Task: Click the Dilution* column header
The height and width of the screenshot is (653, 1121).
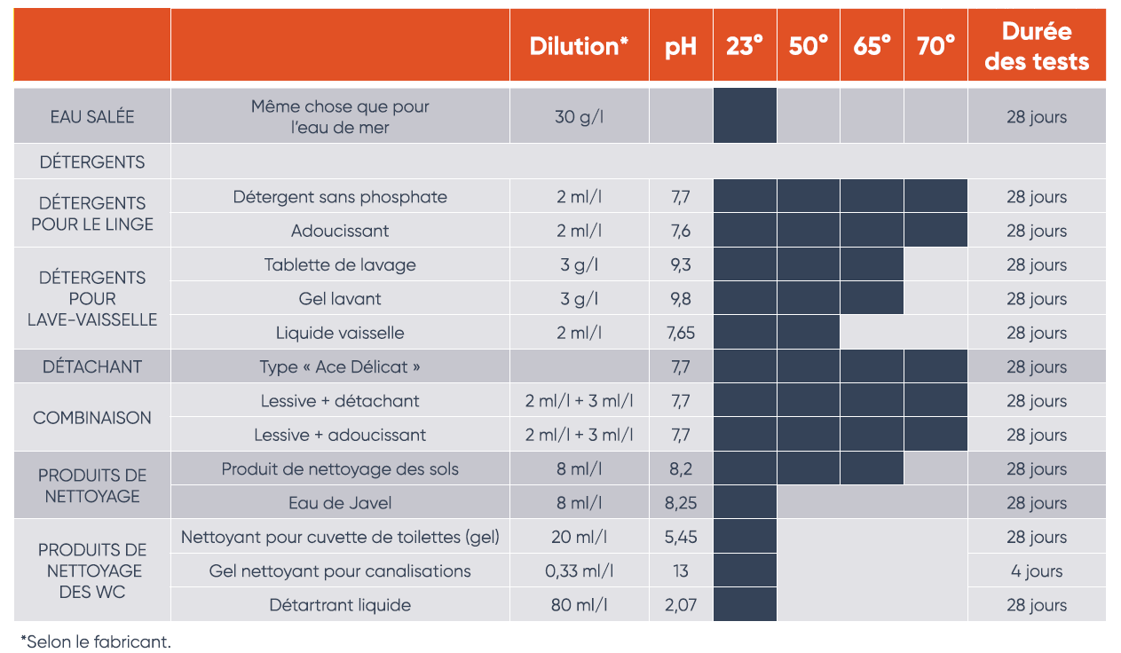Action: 579,46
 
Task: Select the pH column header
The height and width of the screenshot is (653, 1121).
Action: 681,46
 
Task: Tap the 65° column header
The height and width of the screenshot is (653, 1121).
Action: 872,46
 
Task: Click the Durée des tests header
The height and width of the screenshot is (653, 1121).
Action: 1037,46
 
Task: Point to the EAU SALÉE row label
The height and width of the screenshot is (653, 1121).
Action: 92,116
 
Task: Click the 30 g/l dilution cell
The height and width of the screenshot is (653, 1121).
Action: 579,116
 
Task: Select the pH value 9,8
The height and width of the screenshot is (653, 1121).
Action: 681,299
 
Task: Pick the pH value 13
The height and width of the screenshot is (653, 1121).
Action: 681,570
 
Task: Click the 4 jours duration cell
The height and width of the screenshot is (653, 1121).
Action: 1037,570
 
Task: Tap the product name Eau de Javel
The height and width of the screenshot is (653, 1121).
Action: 340,503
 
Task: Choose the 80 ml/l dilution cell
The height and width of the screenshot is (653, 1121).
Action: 579,605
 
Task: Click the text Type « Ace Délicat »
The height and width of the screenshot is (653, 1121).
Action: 340,366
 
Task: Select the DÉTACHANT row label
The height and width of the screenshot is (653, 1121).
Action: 92,366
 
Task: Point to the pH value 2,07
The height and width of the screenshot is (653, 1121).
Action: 681,605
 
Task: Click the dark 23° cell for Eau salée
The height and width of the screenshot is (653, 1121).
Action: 745,115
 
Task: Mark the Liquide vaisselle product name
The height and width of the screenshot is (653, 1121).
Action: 340,333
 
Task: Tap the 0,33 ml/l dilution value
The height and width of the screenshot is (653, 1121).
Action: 579,570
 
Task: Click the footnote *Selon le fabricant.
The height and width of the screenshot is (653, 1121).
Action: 96,641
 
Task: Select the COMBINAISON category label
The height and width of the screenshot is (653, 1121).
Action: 92,418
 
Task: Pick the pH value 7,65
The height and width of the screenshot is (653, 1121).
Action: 681,333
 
